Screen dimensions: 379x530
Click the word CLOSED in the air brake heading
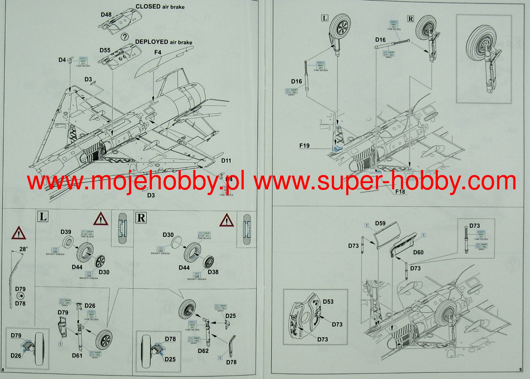148,7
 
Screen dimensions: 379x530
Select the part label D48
106,15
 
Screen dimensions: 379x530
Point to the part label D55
105,50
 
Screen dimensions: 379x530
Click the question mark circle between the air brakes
124,37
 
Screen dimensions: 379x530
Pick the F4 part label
158,52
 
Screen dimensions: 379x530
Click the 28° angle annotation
24,249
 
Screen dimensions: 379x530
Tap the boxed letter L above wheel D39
43,217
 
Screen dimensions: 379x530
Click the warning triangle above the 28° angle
19,233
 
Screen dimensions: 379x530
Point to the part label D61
77,355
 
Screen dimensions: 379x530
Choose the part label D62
203,351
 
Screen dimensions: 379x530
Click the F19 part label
304,146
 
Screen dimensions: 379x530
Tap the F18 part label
400,191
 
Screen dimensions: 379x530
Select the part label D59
380,223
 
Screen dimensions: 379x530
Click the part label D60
418,252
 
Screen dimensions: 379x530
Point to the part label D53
328,302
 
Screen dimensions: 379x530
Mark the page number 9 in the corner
521,370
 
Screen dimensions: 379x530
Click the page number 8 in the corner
3,370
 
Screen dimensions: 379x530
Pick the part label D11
226,161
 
